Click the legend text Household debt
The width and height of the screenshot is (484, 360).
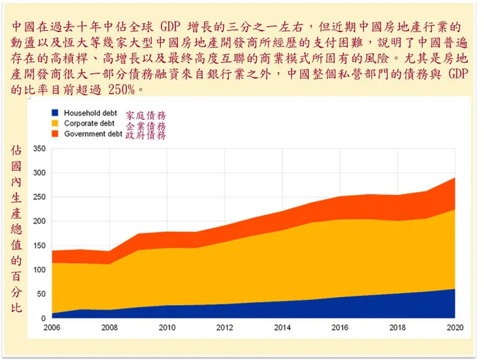90,113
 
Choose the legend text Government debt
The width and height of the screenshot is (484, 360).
93,134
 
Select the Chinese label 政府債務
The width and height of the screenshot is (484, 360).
146,135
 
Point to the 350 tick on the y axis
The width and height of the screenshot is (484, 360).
39,149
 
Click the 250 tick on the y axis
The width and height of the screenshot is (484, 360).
39,197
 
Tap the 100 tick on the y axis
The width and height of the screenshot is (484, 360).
39,270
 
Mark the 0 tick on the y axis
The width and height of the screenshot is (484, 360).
43,318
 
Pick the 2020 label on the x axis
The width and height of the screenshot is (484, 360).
455,327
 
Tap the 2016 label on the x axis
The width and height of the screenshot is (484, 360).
339,327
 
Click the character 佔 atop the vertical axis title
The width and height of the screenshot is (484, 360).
16,150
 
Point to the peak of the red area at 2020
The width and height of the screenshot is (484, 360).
455,178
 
